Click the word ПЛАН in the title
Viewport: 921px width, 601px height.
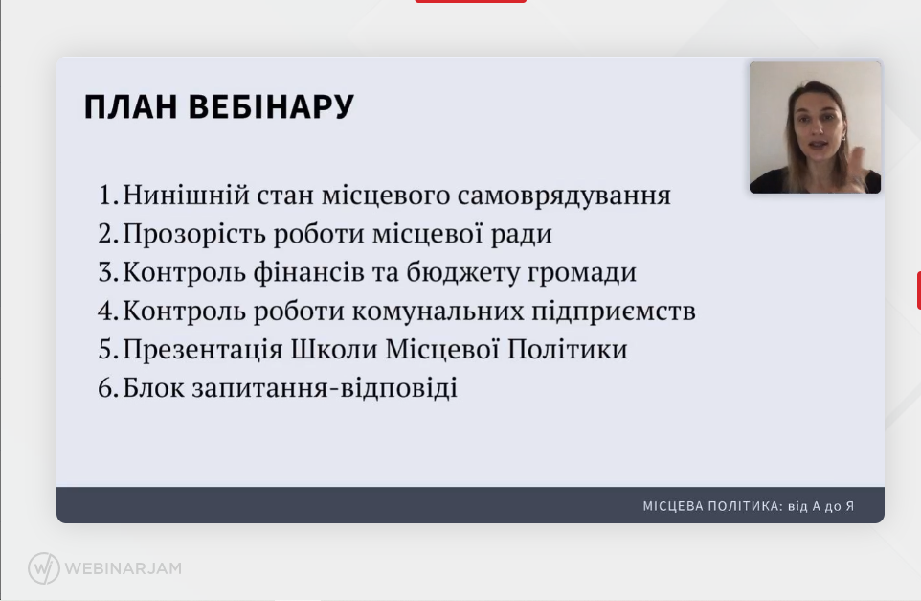click(x=130, y=107)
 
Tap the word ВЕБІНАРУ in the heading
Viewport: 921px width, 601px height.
click(x=271, y=107)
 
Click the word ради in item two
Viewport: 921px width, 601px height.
click(x=522, y=235)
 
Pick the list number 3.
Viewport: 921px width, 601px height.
click(x=109, y=272)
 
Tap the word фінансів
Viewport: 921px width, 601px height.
click(x=309, y=271)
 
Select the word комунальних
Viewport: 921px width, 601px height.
click(x=438, y=312)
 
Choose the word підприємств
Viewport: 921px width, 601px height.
click(x=614, y=312)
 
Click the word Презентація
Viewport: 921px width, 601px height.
click(x=203, y=349)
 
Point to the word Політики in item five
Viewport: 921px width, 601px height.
click(x=568, y=349)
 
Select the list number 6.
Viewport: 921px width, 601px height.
click(x=109, y=388)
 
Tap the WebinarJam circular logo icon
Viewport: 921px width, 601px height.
click(x=44, y=568)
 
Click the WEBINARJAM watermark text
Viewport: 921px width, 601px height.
click(x=124, y=568)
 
